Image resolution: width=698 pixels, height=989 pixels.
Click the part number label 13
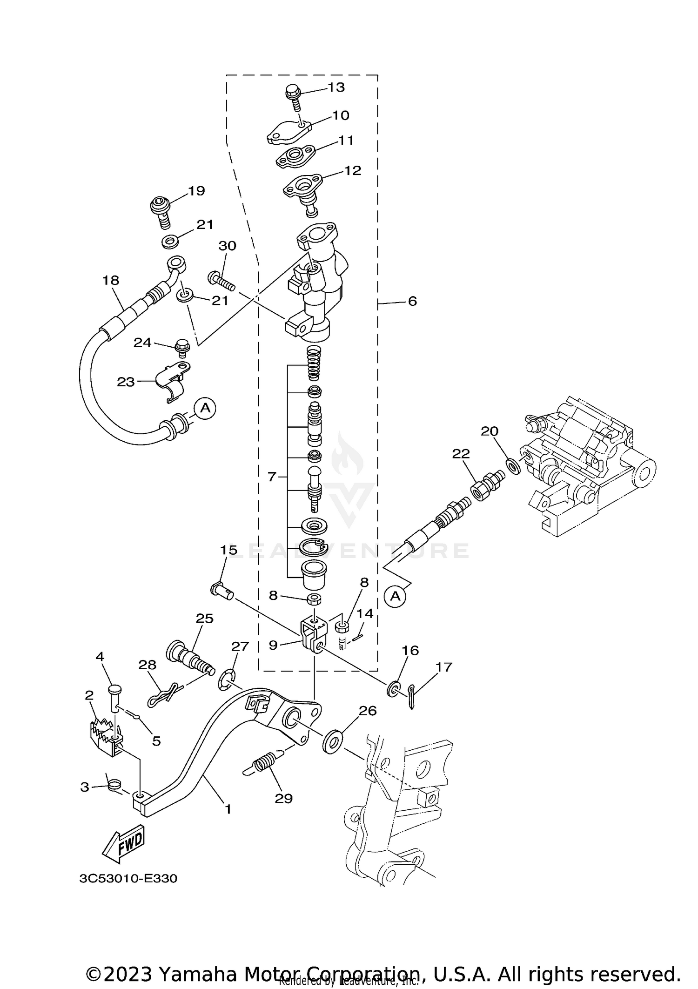click(336, 87)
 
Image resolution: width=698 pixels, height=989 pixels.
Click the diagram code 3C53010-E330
click(128, 879)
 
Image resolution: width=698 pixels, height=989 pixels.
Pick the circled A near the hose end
click(205, 408)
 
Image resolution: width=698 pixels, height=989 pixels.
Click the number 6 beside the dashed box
click(412, 301)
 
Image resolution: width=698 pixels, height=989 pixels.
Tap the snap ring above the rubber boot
click(314, 548)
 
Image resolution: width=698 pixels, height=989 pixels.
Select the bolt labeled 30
click(221, 280)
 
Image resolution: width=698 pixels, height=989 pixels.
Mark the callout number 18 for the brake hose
click(111, 280)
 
